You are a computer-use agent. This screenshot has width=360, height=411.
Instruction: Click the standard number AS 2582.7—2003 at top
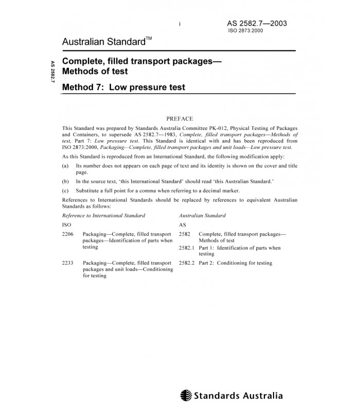257,23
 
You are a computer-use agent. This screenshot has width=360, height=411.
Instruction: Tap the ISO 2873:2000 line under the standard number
246,31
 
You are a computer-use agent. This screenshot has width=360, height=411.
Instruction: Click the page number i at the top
181,24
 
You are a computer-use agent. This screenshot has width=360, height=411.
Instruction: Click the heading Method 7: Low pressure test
123,87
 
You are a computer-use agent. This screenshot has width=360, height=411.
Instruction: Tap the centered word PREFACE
180,118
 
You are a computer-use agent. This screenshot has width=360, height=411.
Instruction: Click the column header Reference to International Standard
103,215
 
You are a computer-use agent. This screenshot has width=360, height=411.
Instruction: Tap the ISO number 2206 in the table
67,234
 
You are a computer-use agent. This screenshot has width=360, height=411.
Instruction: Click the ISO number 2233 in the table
67,263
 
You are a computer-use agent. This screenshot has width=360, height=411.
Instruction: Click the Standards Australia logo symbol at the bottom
186,396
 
